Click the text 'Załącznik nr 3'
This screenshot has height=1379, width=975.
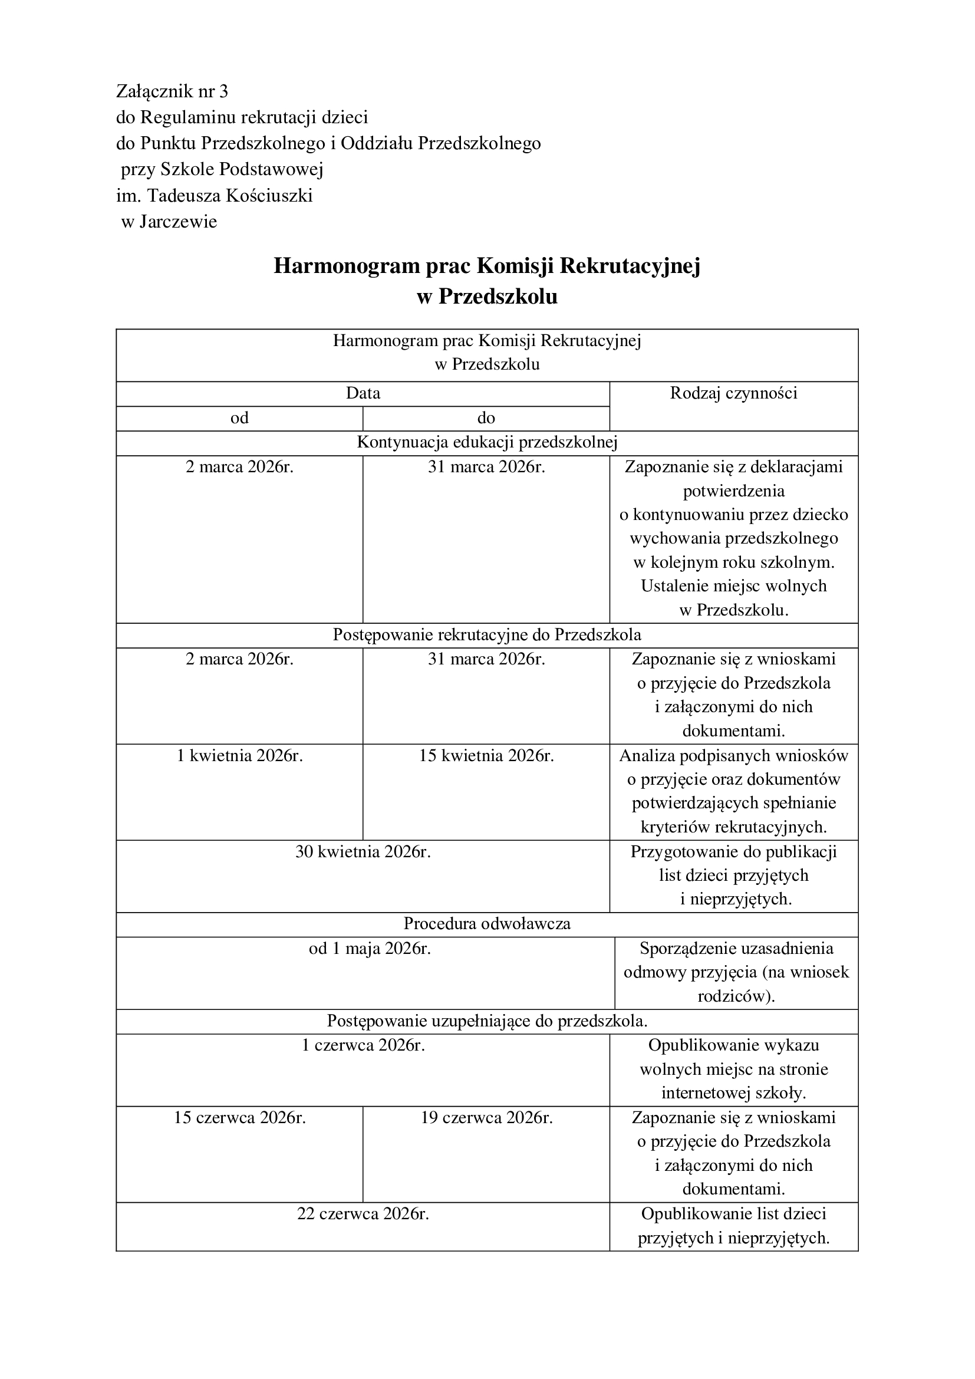point(172,91)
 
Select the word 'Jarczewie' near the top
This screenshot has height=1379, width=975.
point(177,222)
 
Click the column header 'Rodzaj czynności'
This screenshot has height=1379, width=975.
point(733,393)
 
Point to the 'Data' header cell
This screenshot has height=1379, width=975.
point(363,393)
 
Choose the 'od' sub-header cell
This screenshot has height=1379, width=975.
point(239,418)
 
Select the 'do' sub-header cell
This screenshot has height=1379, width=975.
point(486,418)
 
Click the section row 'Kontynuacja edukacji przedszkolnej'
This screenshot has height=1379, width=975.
point(487,443)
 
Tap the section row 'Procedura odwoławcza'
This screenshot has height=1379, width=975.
point(487,924)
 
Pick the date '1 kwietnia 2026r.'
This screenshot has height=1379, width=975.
point(239,756)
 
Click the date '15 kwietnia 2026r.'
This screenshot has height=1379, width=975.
point(486,756)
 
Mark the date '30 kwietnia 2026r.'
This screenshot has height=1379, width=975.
point(363,852)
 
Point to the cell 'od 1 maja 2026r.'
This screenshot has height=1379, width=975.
point(370,949)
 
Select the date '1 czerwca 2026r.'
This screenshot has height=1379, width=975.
point(363,1045)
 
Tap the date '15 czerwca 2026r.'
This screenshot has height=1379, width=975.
point(239,1118)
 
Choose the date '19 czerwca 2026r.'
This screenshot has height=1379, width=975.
point(486,1118)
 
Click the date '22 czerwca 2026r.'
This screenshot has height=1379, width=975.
point(363,1214)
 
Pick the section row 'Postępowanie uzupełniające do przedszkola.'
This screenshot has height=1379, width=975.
point(487,1021)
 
